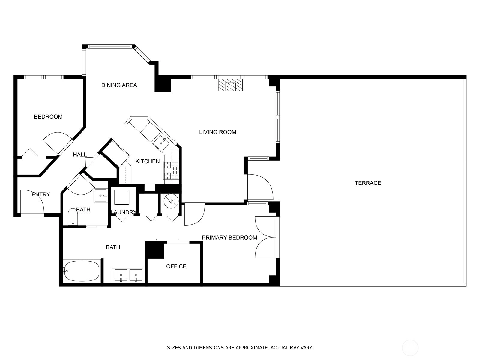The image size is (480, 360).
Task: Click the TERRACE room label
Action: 368,183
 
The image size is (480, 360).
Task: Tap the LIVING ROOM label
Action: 217,132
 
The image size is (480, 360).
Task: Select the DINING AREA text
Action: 119,85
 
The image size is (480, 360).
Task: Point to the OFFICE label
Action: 176,266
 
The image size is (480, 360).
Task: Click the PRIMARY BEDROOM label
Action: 229,238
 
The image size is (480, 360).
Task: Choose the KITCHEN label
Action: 148,161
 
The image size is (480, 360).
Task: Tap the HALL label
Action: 80,154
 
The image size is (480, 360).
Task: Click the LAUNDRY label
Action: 124,212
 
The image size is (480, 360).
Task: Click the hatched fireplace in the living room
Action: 230,85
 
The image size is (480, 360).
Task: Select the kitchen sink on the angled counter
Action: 161,143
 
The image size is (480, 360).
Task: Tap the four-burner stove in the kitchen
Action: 171,170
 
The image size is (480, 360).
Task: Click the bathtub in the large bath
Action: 82,271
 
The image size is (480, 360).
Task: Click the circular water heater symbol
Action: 171,201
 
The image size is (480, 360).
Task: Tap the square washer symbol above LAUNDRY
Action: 122,197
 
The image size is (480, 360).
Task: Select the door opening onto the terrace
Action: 260,187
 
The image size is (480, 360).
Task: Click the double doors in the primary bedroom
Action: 265,237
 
